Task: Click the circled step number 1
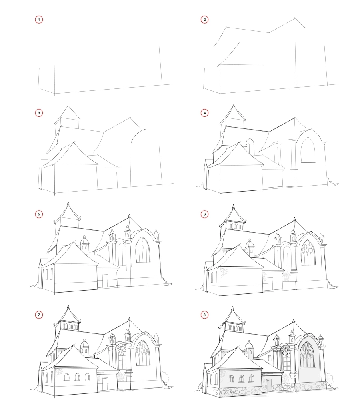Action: tap(39, 19)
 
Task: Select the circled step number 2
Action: tap(205, 19)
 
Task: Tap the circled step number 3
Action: tap(39, 113)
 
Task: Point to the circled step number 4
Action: tap(205, 113)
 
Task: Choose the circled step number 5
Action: tap(39, 215)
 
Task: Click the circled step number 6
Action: tap(205, 215)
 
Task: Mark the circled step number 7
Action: tap(39, 315)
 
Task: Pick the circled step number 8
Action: tap(205, 315)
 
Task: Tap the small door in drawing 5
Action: tap(105, 280)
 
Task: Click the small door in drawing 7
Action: tap(106, 383)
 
